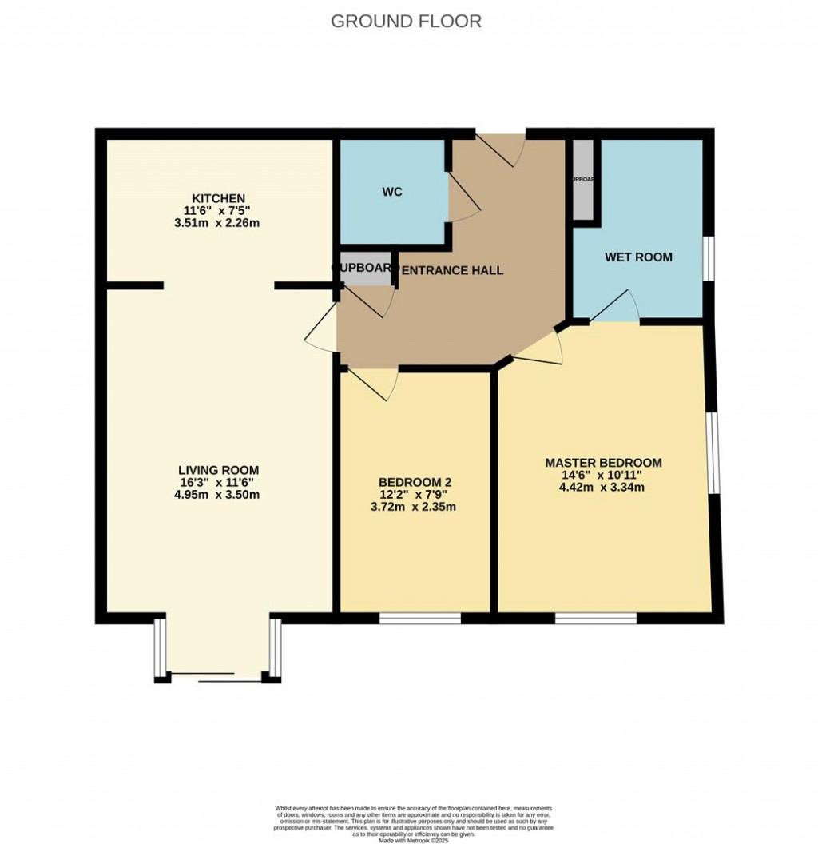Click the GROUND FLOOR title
click(x=406, y=22)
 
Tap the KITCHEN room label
click(x=217, y=198)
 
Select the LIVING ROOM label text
click(x=218, y=470)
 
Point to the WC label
click(x=392, y=192)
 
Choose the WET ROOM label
click(x=638, y=257)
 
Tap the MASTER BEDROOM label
click(x=603, y=463)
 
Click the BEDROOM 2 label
click(x=415, y=482)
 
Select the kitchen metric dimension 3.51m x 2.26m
click(x=217, y=223)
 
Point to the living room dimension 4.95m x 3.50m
click(x=218, y=495)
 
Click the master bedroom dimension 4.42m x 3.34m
click(x=603, y=488)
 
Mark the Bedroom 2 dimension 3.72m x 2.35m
click(x=415, y=507)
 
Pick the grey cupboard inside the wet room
click(x=583, y=180)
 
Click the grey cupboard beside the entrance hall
click(x=366, y=273)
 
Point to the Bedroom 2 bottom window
click(x=420, y=618)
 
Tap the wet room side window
click(x=709, y=258)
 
